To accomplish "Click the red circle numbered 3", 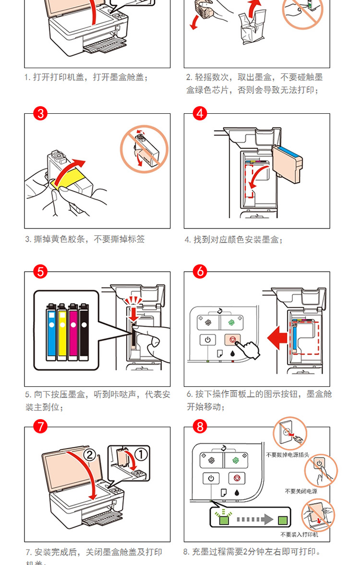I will pyautogui.click(x=41, y=114).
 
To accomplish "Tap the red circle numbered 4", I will pyautogui.click(x=200, y=114).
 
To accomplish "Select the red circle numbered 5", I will pyautogui.click(x=41, y=272).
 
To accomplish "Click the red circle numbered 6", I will pyautogui.click(x=200, y=272).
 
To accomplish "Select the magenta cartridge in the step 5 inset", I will pyautogui.click(x=73, y=331).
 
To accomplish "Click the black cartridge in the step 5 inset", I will pyautogui.click(x=84, y=331).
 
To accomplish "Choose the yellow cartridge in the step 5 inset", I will pyautogui.click(x=62, y=331).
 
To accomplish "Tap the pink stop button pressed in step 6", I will pyautogui.click(x=232, y=339).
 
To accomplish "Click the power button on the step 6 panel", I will pyautogui.click(x=207, y=339).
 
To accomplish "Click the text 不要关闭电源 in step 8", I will pyautogui.click(x=300, y=491).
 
